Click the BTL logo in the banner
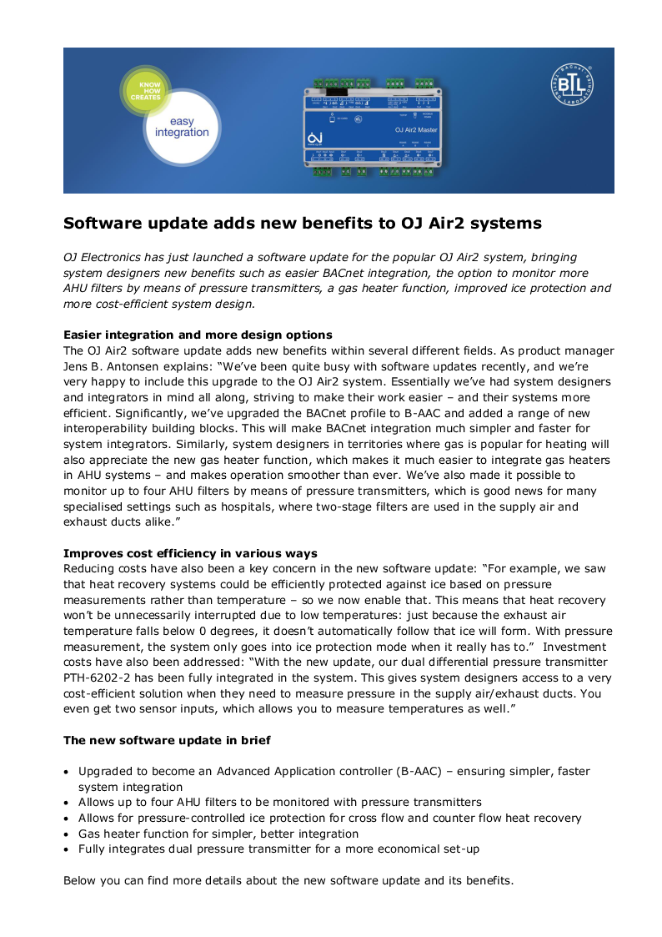point(573,86)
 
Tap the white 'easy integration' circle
point(182,127)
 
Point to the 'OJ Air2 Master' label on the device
point(415,130)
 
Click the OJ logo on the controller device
point(314,138)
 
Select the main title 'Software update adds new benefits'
point(303,224)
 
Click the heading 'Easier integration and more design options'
point(198,335)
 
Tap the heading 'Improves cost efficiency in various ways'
point(190,553)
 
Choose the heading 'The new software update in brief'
point(167,740)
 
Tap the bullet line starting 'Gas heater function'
point(218,834)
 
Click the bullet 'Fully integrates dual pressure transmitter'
point(278,849)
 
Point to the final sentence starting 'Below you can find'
point(288,880)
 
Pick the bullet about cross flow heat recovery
point(330,818)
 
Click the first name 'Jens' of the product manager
point(78,365)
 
